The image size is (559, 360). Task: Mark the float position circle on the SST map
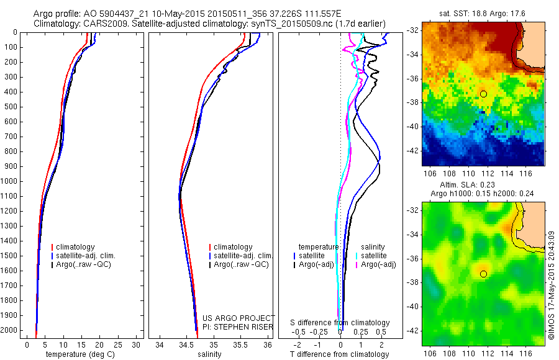pos(483,94)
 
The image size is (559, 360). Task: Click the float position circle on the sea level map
pos(483,274)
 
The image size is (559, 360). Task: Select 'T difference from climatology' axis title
pos(339,354)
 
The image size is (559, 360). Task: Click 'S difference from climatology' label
pos(340,323)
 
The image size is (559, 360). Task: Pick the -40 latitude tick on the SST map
pos(412,126)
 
